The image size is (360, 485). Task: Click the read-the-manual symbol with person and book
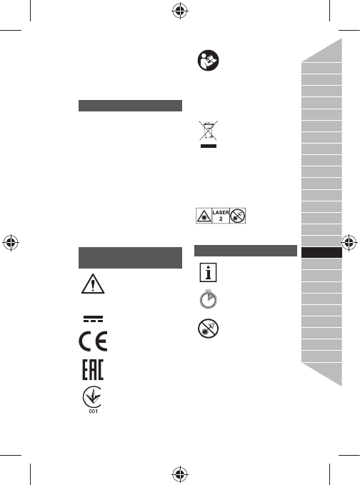[x=208, y=60]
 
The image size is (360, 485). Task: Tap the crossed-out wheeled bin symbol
[x=208, y=131]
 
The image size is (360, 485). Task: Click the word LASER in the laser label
[x=221, y=212]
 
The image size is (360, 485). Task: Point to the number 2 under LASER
[x=221, y=219]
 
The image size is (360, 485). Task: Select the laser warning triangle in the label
[x=204, y=216]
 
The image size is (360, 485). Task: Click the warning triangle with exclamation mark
[x=93, y=284]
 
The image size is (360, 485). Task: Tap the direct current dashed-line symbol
[x=93, y=319]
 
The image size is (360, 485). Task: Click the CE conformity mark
[x=93, y=341]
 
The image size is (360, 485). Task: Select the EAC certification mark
[x=93, y=369]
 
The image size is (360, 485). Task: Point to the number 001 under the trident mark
[x=93, y=411]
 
